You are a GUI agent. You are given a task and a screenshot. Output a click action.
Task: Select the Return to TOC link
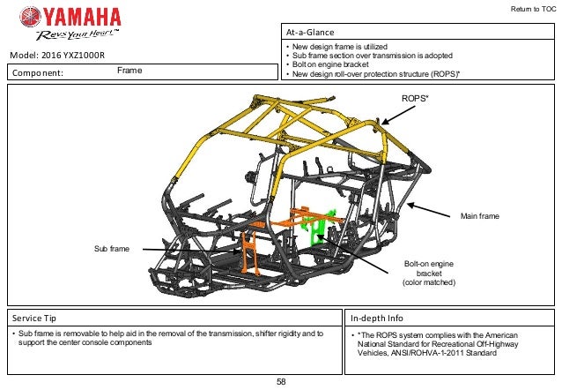(x=532, y=10)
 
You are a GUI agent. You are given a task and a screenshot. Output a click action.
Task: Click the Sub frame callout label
(x=112, y=250)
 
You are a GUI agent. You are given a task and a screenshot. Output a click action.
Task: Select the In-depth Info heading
(x=376, y=316)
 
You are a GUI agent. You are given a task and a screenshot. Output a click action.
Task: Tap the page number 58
(x=281, y=381)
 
